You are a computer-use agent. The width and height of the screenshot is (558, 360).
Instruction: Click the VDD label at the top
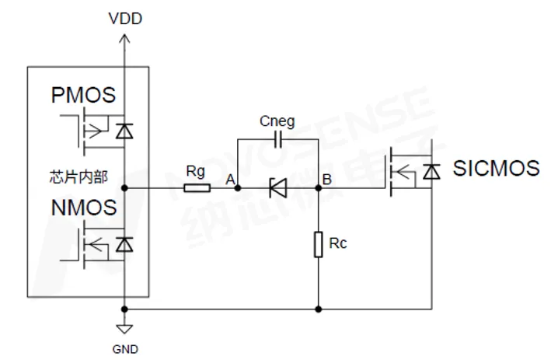pos(125,18)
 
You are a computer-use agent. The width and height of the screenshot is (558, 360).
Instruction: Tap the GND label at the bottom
pos(125,349)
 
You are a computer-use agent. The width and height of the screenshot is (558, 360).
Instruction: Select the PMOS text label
pos(83,96)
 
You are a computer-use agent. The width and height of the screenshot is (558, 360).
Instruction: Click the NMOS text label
pos(83,208)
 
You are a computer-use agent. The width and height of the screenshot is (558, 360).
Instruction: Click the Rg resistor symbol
pos(197,187)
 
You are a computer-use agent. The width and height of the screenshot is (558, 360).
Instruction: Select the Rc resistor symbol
pos(319,244)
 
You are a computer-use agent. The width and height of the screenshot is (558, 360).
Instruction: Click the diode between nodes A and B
pos(277,187)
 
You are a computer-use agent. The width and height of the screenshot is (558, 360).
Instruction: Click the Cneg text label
pos(277,122)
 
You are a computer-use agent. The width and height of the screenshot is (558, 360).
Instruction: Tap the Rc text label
pos(338,243)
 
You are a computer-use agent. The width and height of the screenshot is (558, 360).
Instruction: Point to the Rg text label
pos(196,170)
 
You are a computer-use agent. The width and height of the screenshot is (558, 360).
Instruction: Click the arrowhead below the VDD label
pos(125,36)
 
